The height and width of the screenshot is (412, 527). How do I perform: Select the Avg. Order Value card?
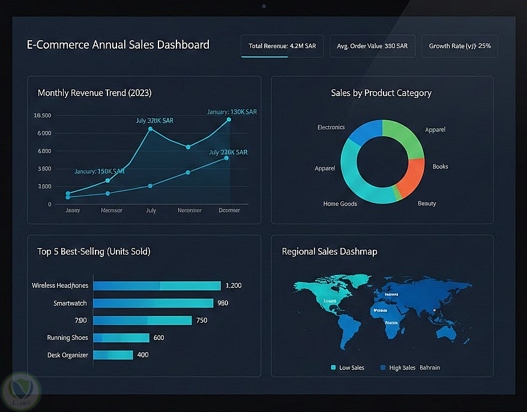tap(372, 46)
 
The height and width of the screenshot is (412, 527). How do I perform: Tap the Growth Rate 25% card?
tap(459, 46)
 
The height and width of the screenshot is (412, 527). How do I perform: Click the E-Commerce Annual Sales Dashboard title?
tap(118, 44)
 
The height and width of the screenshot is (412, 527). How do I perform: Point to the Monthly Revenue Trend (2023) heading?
tap(94, 93)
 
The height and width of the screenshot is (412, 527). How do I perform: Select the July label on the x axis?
tap(151, 210)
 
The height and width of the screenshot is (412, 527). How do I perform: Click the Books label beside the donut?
tap(440, 166)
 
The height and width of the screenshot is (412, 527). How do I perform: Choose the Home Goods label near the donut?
tap(340, 204)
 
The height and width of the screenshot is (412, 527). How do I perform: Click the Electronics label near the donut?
tap(331, 127)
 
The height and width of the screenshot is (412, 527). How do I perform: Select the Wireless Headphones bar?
tap(157, 286)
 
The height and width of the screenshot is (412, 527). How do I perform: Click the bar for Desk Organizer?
tap(113, 355)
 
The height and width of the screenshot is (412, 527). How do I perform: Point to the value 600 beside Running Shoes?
tap(158, 338)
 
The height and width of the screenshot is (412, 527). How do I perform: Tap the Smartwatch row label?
tap(70, 303)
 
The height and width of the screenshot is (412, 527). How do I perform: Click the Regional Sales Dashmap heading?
tap(330, 252)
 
